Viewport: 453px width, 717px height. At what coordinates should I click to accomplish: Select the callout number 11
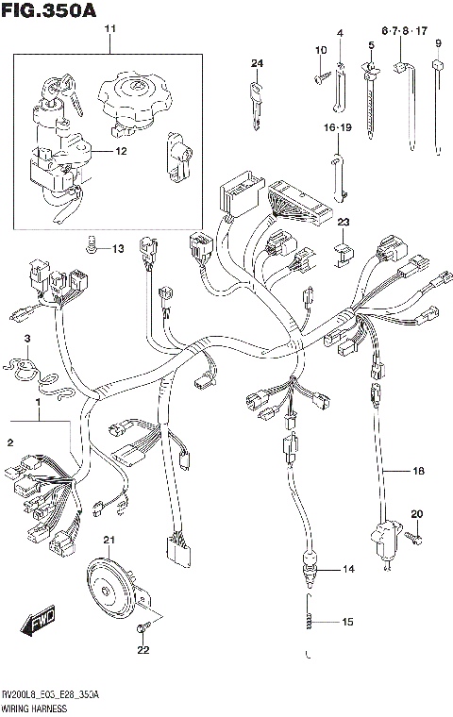[109, 30]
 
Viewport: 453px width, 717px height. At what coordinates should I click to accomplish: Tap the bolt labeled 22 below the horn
[141, 627]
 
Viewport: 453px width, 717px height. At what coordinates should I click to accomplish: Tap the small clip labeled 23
[344, 251]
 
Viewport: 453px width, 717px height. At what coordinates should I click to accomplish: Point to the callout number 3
[27, 339]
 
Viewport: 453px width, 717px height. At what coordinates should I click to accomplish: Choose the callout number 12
[120, 151]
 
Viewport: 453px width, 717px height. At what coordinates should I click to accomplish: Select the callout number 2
[10, 442]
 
